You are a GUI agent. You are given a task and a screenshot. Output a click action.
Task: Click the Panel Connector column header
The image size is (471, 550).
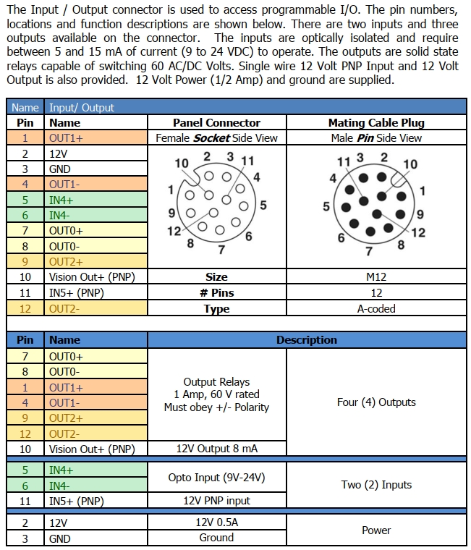(216, 123)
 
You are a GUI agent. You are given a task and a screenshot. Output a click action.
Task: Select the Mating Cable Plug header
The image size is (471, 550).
(376, 123)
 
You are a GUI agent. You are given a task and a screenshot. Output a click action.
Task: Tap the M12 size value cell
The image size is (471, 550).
(376, 277)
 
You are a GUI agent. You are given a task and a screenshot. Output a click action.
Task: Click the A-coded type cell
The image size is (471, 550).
(376, 308)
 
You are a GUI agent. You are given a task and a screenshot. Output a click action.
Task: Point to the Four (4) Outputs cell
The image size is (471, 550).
(376, 402)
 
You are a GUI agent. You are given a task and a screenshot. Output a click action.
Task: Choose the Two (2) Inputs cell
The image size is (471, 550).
(376, 485)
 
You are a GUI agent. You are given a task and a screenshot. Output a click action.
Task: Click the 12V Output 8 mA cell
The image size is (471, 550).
(216, 449)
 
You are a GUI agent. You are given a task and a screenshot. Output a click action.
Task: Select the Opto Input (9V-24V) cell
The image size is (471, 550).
(216, 478)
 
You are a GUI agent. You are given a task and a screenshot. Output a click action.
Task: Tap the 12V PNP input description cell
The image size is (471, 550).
(216, 501)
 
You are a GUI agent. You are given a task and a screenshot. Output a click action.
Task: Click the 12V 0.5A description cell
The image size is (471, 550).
(216, 522)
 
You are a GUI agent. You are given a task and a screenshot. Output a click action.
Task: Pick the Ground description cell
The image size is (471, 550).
(216, 538)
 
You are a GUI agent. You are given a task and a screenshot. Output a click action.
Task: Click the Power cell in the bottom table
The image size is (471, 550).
(376, 530)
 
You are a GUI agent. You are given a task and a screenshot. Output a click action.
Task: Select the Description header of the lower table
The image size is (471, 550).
(307, 340)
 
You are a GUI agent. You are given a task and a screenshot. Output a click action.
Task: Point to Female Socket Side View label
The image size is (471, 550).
(216, 137)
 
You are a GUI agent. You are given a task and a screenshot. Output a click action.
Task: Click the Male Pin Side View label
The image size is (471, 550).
(376, 137)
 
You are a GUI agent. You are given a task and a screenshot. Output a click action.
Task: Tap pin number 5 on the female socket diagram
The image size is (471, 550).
(263, 205)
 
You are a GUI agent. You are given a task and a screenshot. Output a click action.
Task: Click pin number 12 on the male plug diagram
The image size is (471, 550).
(418, 232)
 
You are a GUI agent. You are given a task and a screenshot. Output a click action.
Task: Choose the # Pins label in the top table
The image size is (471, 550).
(216, 293)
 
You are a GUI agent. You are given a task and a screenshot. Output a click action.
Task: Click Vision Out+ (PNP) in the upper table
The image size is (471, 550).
(91, 277)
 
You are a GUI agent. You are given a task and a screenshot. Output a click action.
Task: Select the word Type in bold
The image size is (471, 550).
(216, 309)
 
